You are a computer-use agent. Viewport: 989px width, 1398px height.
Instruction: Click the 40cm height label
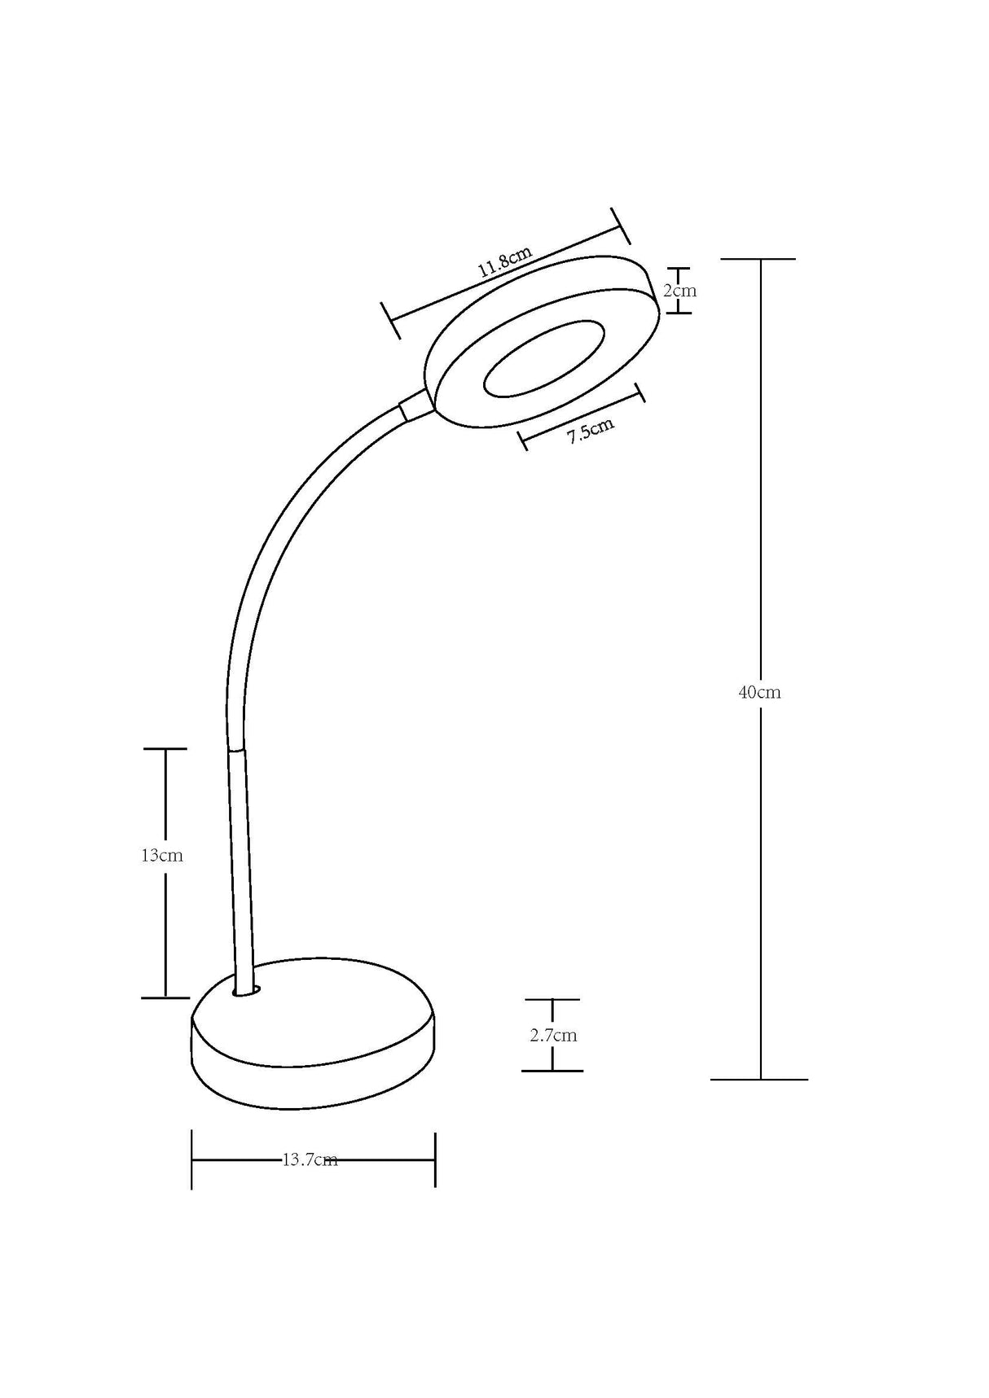759,693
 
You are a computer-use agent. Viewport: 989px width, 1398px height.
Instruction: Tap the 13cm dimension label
162,856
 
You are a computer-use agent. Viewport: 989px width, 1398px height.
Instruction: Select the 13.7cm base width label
310,1160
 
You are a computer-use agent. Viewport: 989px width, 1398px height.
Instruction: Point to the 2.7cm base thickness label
553,1036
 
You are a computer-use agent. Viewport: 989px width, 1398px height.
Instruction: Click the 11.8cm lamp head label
505,261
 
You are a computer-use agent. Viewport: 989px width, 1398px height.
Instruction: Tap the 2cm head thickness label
680,290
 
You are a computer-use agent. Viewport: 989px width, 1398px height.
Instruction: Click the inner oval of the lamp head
543,359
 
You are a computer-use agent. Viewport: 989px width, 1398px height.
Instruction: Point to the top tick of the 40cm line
758,259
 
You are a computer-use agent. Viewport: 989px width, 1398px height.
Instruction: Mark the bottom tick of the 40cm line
759,1079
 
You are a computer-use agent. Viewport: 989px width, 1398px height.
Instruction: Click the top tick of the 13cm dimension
165,748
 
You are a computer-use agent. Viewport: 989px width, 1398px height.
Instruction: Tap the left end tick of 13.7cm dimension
191,1159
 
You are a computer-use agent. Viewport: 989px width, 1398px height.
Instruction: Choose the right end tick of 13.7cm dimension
435,1159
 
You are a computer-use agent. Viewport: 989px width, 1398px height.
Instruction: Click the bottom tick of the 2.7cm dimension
552,1071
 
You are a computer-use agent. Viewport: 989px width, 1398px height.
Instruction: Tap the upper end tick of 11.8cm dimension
620,225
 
